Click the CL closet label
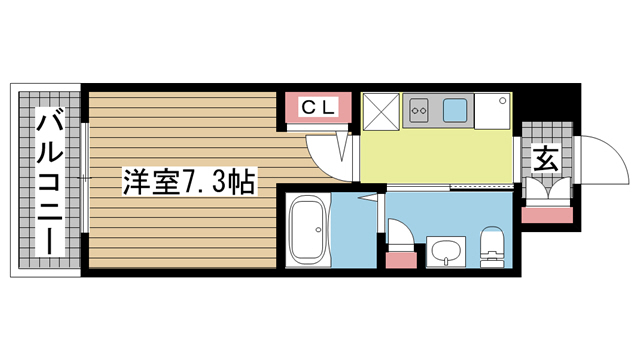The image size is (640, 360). coord(318,108)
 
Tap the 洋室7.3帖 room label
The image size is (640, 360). coord(189,182)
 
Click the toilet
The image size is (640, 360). coord(492,247)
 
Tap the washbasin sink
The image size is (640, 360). coord(446,251)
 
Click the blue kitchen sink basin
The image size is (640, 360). coord(456,110)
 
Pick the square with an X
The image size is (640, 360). coord(381,112)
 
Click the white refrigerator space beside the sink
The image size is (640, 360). coord(492,111)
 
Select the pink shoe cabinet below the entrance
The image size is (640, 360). coord(547,215)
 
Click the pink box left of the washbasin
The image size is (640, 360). coord(401,260)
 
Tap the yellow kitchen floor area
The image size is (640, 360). coord(436,156)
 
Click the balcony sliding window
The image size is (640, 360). coord(84,178)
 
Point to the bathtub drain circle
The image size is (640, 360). coord(318,230)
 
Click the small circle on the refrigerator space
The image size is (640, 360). coord(503,100)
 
